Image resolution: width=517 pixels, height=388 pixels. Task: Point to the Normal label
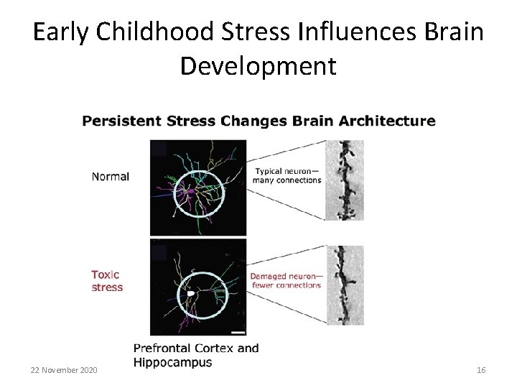[x=110, y=176]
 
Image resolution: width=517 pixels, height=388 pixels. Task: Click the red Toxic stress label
[x=106, y=281]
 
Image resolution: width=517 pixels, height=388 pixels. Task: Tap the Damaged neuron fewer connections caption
[x=285, y=280]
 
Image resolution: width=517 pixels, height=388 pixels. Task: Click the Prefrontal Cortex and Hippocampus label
[x=195, y=356]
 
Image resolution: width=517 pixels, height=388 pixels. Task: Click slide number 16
[x=481, y=369]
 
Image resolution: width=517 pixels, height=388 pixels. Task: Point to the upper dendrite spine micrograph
[x=345, y=180]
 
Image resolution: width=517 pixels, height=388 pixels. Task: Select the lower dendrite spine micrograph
[x=345, y=285]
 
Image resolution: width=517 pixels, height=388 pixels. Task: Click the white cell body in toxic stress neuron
[x=190, y=294]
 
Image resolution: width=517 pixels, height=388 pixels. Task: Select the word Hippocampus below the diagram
[x=173, y=363]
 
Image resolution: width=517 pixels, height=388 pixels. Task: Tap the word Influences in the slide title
[x=350, y=33]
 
